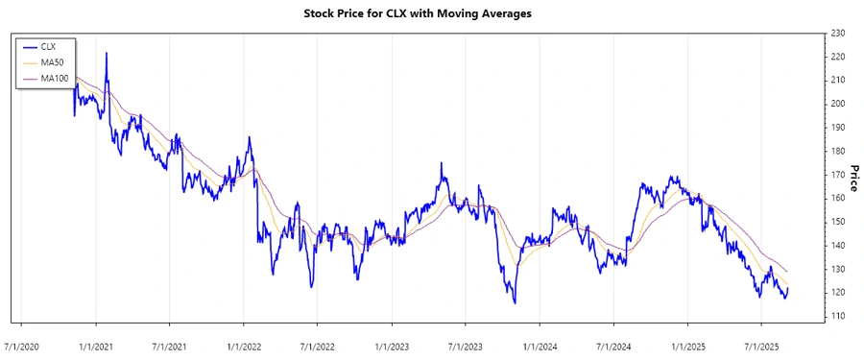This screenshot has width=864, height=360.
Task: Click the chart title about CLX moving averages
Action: (430, 13)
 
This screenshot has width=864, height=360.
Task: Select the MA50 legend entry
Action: (54, 62)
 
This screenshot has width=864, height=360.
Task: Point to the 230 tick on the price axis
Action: (837, 34)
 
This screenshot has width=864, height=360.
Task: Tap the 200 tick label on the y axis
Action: (837, 104)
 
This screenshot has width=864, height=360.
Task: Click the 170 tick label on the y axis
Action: (837, 175)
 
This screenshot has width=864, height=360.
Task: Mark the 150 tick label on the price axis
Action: (837, 222)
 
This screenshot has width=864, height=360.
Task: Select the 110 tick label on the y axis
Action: (837, 316)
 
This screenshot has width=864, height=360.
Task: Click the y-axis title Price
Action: (852, 175)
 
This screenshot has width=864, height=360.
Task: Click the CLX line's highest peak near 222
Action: (106, 53)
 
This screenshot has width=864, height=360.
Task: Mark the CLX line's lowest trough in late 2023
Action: (515, 303)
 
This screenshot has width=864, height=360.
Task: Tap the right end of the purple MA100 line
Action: (788, 272)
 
